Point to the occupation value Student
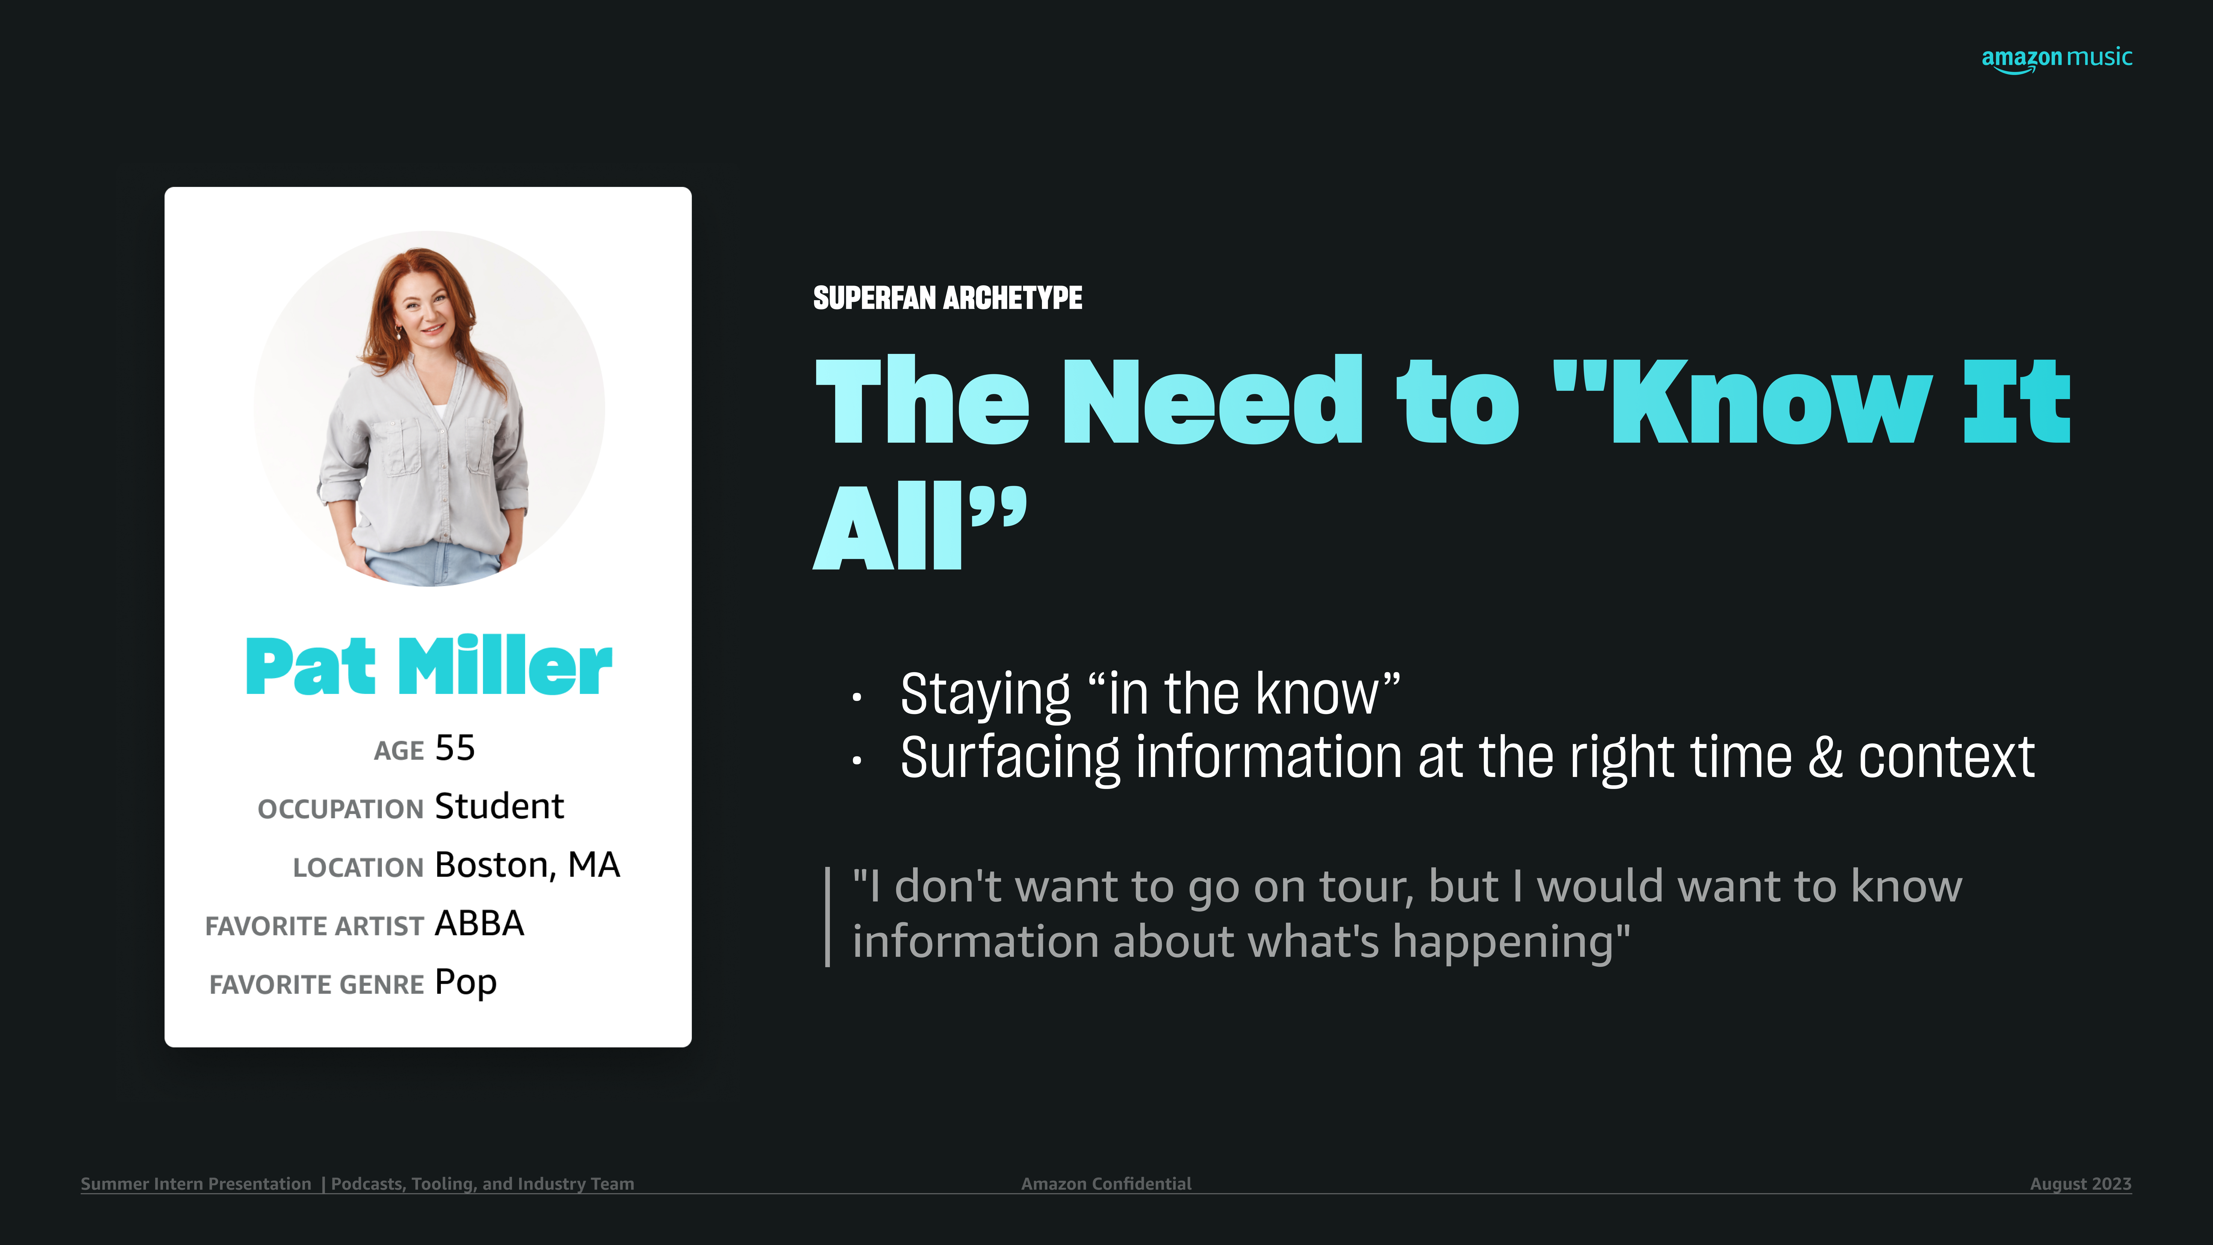(499, 806)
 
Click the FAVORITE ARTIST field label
(314, 926)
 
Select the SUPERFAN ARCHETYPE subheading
(948, 298)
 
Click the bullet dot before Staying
(857, 698)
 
